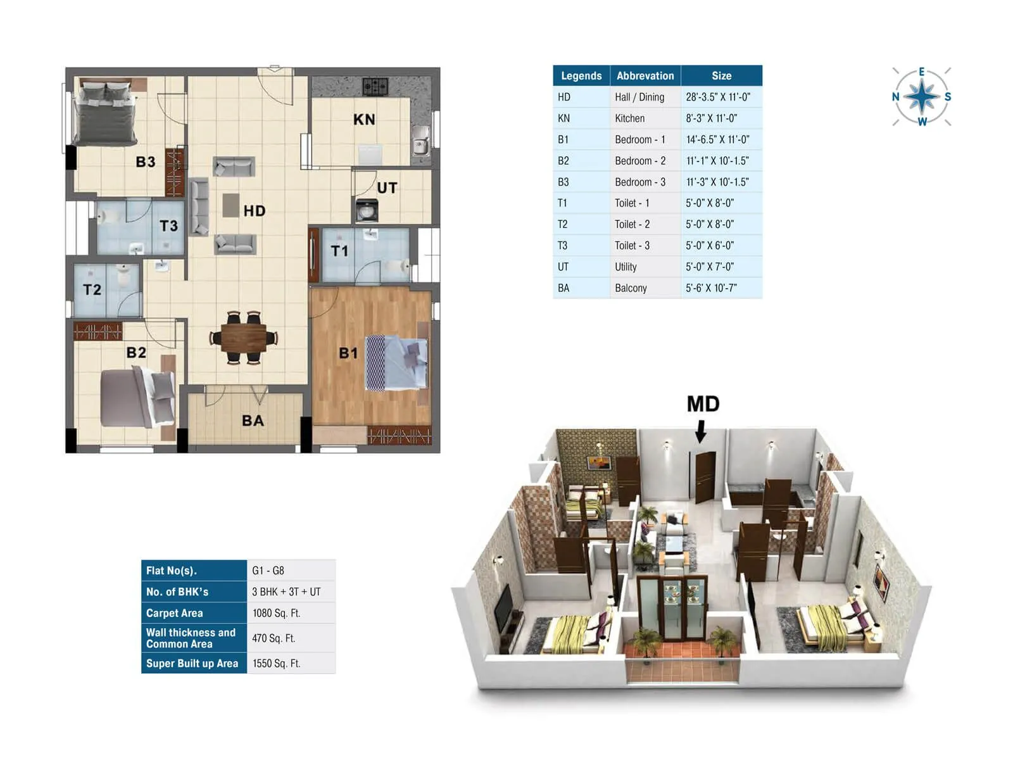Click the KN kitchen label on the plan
click(x=364, y=120)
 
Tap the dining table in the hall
click(x=244, y=338)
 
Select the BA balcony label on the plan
click(x=253, y=421)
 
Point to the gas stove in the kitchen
click(x=375, y=85)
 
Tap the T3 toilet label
click(x=168, y=226)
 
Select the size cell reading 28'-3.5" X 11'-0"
click(x=718, y=97)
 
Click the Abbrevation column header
click(x=645, y=75)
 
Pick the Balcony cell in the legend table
click(x=631, y=288)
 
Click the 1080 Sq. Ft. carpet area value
click(x=276, y=613)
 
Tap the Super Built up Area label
click(x=192, y=664)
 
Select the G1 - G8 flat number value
click(x=268, y=571)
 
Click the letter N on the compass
click(x=895, y=97)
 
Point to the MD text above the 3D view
click(x=703, y=404)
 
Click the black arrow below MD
click(x=700, y=432)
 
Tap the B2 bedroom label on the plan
click(x=136, y=353)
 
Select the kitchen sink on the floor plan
click(x=420, y=141)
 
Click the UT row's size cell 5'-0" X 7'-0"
click(x=709, y=267)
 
